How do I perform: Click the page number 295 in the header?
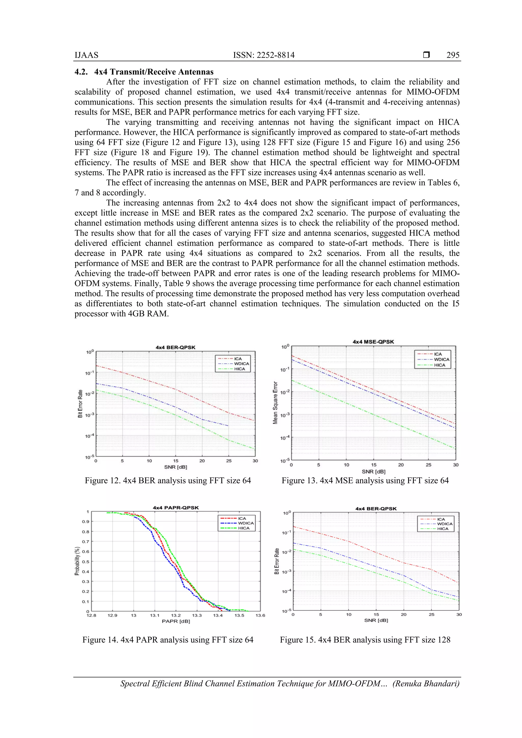[453, 55]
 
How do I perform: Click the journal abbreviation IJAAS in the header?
[86, 55]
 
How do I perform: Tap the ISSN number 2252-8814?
[264, 55]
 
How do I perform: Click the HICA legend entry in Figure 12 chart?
[240, 369]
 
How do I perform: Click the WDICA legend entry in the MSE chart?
[441, 359]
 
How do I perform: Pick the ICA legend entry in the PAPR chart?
[242, 518]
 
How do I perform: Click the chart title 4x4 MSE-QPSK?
[373, 342]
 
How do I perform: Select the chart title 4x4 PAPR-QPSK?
[176, 508]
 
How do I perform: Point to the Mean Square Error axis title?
[275, 402]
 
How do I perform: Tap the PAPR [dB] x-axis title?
[176, 621]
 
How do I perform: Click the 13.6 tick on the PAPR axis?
[260, 615]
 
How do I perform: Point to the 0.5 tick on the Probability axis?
[85, 562]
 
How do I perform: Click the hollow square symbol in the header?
[426, 55]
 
